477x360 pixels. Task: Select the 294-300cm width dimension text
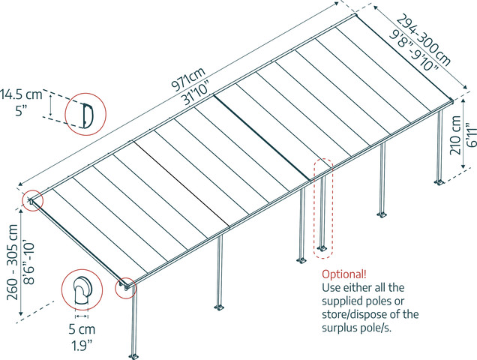click(424, 40)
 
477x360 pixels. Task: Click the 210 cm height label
click(455, 135)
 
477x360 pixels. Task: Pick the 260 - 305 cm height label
click(13, 262)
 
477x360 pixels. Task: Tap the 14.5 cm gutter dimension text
click(21, 94)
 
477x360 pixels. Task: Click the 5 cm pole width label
click(82, 329)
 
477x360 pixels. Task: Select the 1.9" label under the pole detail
click(82, 346)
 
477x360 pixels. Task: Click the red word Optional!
click(344, 274)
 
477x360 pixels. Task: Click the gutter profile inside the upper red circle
click(87, 115)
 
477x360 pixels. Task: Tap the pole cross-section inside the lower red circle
click(82, 290)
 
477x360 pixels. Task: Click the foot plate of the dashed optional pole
click(322, 248)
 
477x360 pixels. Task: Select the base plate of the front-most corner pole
click(133, 356)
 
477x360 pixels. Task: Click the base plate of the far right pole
click(439, 182)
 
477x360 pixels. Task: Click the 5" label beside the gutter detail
click(20, 111)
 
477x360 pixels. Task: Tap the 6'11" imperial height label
click(470, 135)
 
